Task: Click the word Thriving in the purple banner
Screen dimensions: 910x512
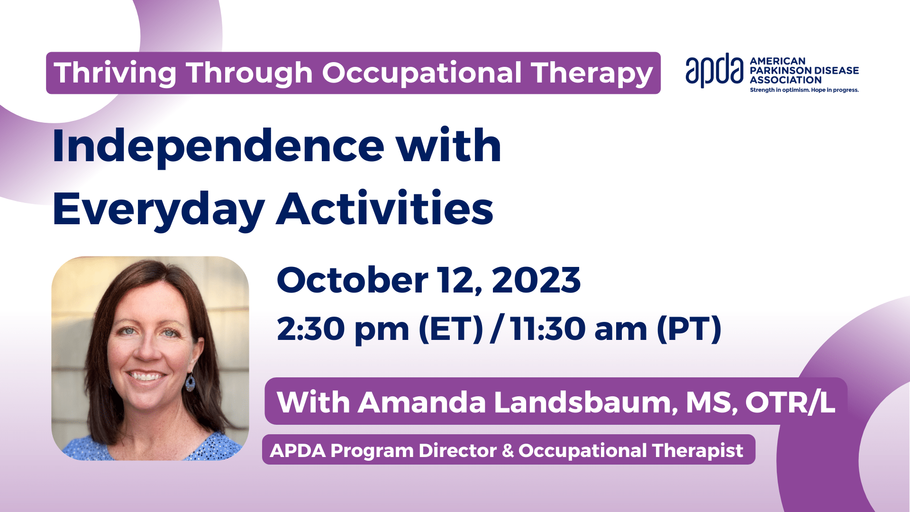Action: pyautogui.click(x=115, y=74)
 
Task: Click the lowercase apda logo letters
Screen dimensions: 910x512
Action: pyautogui.click(x=714, y=71)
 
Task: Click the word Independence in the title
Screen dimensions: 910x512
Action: pyautogui.click(x=218, y=146)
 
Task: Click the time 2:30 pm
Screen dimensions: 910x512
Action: pyautogui.click(x=343, y=329)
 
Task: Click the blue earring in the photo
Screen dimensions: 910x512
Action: pyautogui.click(x=190, y=383)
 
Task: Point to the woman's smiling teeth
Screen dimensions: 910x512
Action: pyautogui.click(x=146, y=377)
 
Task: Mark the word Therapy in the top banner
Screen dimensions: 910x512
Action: pyautogui.click(x=592, y=74)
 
